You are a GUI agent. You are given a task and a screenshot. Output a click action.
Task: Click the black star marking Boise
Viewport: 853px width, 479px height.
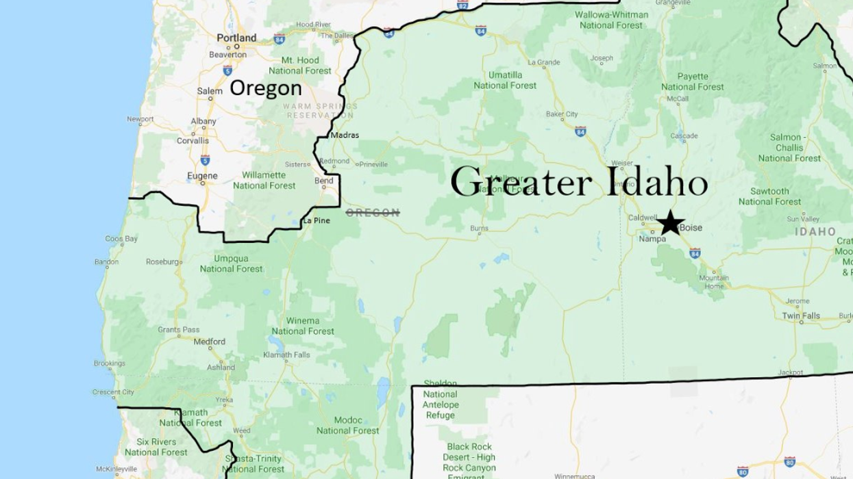(670, 222)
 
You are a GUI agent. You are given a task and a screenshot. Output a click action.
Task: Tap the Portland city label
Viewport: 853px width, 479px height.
(236, 38)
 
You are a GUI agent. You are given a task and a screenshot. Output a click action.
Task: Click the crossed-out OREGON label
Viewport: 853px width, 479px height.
(373, 213)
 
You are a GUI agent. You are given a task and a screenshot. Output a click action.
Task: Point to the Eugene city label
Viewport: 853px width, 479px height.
(202, 176)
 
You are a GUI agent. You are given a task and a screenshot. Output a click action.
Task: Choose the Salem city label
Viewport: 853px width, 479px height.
(210, 91)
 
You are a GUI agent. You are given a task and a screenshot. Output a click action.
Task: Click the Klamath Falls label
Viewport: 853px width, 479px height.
(286, 355)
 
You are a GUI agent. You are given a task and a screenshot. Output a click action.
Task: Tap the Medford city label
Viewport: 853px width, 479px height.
(210, 341)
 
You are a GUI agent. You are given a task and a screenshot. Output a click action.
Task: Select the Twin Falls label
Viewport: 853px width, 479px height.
(801, 316)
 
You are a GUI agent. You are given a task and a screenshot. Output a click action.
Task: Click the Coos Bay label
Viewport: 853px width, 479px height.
(121, 239)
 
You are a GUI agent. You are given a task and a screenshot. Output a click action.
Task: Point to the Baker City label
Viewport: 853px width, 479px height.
(562, 114)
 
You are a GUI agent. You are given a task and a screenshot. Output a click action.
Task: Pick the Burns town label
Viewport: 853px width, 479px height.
(480, 228)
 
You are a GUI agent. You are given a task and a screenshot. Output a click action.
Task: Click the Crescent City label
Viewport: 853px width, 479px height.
(114, 392)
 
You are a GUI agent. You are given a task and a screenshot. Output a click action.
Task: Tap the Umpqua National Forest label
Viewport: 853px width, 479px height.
(232, 263)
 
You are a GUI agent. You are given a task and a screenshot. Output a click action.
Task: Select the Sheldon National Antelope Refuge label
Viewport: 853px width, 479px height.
(440, 399)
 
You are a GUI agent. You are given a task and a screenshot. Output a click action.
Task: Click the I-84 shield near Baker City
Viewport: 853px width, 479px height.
(580, 131)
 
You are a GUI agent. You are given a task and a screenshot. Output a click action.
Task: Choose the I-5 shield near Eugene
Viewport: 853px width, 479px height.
(205, 160)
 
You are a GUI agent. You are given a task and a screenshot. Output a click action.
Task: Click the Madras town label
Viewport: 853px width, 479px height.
(345, 135)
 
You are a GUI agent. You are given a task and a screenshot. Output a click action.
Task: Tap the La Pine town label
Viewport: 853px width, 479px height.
(317, 220)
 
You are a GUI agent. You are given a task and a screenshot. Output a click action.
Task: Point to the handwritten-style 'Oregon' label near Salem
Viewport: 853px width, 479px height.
(265, 88)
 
